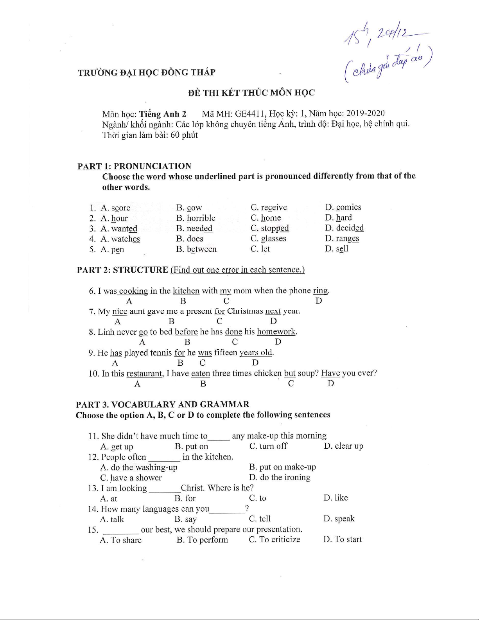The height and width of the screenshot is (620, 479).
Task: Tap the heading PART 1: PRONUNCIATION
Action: click(x=134, y=166)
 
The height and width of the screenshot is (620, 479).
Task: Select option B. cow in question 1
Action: click(x=189, y=208)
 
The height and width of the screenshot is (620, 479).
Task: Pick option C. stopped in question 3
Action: click(x=270, y=228)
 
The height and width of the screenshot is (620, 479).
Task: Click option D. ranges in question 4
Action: click(x=342, y=238)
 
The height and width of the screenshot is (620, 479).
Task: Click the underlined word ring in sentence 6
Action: click(x=320, y=291)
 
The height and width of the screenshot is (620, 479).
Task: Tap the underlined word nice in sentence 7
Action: click(x=120, y=311)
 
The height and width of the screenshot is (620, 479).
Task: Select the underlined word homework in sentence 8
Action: click(x=276, y=332)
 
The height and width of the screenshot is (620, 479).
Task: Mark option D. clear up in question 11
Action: click(x=343, y=446)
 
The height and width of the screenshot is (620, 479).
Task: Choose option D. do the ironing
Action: click(x=280, y=477)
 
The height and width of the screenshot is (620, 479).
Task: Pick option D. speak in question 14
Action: click(x=339, y=519)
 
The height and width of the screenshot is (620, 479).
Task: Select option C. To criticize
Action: click(x=274, y=539)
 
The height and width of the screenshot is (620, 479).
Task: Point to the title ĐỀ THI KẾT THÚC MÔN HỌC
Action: click(x=251, y=93)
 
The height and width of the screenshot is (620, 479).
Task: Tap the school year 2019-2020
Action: click(x=365, y=113)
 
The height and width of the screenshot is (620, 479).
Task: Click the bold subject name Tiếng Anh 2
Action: click(x=163, y=114)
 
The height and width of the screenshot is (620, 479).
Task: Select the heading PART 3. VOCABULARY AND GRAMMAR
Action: click(x=162, y=404)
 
